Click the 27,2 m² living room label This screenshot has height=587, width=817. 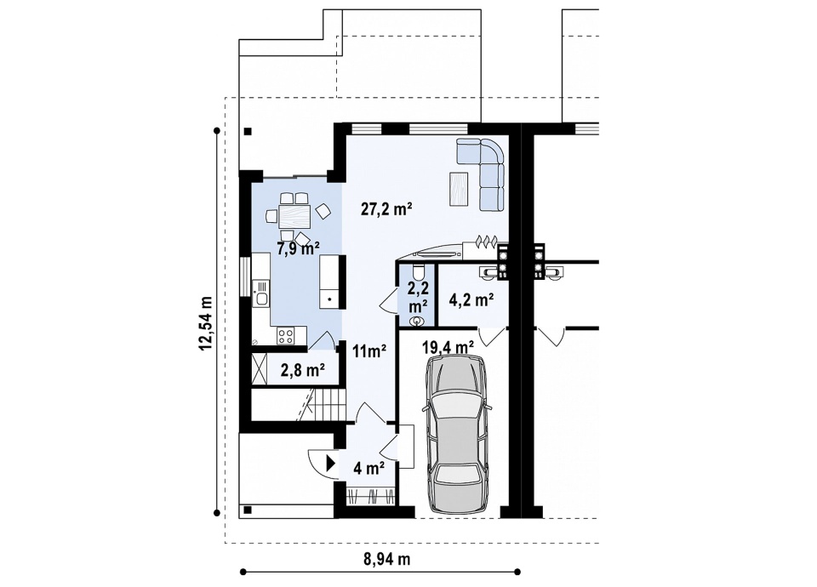[x=386, y=209]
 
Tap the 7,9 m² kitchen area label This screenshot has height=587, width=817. [x=298, y=249]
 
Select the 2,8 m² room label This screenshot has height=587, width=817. [x=303, y=370]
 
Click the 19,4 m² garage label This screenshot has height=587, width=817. [x=448, y=346]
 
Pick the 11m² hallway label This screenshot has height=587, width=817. [x=369, y=350]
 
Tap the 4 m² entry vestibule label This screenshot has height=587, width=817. [x=369, y=468]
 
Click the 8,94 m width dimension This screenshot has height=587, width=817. [x=386, y=559]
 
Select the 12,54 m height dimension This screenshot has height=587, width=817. [x=206, y=323]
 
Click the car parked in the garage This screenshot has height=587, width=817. [x=457, y=433]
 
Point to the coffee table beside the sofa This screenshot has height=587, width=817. [x=460, y=189]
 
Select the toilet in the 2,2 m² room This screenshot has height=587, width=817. [x=417, y=272]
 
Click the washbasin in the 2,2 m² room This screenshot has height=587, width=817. [x=417, y=322]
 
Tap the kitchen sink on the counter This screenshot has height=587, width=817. [x=260, y=293]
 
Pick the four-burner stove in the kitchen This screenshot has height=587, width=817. [x=285, y=335]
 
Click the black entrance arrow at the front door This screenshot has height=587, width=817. [x=331, y=463]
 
